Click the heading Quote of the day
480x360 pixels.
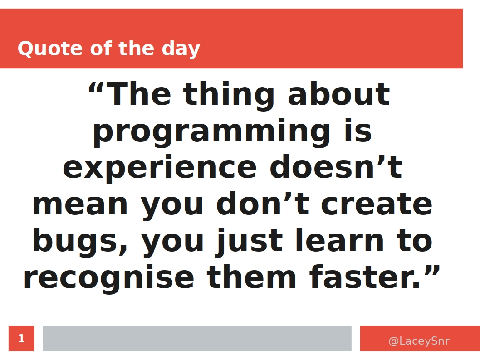click(x=108, y=49)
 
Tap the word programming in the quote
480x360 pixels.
click(x=211, y=132)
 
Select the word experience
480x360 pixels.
click(x=160, y=168)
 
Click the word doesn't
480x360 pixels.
click(x=335, y=168)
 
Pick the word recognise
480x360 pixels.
click(x=108, y=278)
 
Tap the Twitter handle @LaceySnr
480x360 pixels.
click(x=418, y=341)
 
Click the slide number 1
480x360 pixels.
click(x=21, y=339)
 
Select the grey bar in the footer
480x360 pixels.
click(x=197, y=338)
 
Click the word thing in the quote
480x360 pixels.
click(x=229, y=95)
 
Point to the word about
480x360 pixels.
click(x=338, y=95)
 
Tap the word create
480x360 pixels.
click(x=376, y=204)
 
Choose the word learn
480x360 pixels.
click(x=339, y=241)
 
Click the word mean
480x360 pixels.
click(x=80, y=205)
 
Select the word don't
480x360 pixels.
click(x=262, y=204)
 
